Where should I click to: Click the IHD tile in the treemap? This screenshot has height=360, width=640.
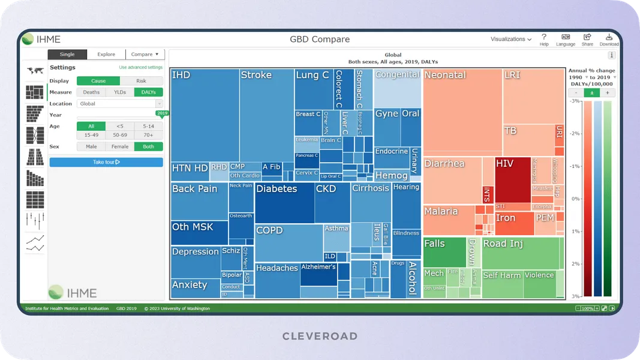pyautogui.click(x=205, y=114)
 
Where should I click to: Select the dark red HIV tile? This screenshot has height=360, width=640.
pyautogui.click(x=512, y=174)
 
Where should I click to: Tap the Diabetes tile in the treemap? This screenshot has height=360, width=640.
pyautogui.click(x=284, y=203)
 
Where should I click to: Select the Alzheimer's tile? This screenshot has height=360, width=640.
pyautogui.click(x=318, y=274)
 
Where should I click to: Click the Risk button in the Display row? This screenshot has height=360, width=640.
pyautogui.click(x=141, y=81)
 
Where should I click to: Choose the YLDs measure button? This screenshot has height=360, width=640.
pyautogui.click(x=119, y=92)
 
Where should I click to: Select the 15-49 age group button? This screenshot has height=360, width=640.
pyautogui.click(x=91, y=135)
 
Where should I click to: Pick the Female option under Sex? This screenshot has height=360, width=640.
pyautogui.click(x=119, y=146)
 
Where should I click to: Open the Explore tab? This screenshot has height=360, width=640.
pyautogui.click(x=106, y=55)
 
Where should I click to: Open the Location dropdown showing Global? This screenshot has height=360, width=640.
pyautogui.click(x=119, y=104)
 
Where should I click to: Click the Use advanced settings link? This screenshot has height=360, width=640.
pyautogui.click(x=140, y=68)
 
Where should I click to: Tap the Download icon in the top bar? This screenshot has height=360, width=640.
pyautogui.click(x=609, y=39)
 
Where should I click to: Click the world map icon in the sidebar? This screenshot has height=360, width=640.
pyautogui.click(x=35, y=71)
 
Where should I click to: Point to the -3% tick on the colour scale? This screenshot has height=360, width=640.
pyautogui.click(x=575, y=101)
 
